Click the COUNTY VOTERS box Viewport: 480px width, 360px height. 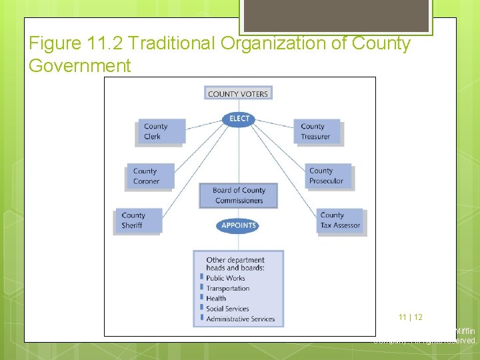click(238, 93)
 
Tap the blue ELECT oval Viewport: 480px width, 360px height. click(239, 119)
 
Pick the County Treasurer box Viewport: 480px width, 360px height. click(317, 131)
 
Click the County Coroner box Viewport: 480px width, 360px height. click(151, 176)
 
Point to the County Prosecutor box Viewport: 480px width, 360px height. click(329, 176)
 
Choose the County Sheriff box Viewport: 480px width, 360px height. click(139, 220)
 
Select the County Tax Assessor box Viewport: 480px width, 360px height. click(340, 220)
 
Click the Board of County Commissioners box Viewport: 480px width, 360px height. click(238, 195)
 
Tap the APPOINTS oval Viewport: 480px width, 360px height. click(238, 225)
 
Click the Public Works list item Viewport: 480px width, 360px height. click(225, 278)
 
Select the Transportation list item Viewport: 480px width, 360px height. click(227, 289)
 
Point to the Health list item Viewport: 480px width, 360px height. click(216, 299)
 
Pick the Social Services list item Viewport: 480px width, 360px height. click(227, 309)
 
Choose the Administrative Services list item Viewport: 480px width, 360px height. click(240, 319)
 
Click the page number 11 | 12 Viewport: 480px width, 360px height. click(411, 317)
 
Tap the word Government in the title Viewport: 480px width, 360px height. click(80, 66)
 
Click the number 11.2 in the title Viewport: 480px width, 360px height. click(105, 44)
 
